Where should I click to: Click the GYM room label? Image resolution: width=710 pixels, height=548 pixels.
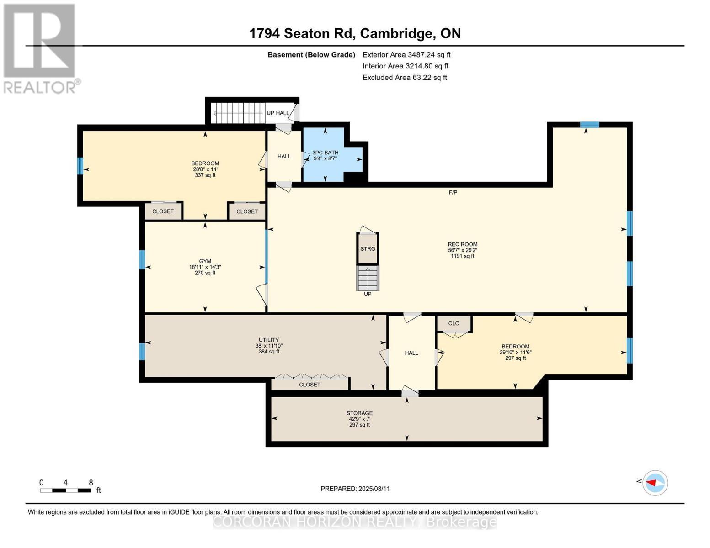[205, 261]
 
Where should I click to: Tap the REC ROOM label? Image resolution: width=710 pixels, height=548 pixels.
[462, 244]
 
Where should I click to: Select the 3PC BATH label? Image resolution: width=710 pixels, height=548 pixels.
[325, 153]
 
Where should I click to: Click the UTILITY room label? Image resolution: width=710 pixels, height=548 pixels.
[269, 340]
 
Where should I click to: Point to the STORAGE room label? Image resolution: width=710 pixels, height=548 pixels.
[359, 413]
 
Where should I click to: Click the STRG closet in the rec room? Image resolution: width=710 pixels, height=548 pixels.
[368, 248]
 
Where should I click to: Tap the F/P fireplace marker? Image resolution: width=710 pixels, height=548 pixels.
[453, 192]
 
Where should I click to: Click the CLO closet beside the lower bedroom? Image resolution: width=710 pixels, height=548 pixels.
[454, 323]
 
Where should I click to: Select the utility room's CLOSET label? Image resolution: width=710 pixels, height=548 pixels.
[310, 385]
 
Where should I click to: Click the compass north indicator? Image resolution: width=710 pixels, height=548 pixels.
[655, 482]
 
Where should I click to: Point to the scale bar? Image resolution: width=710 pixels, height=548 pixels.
[65, 490]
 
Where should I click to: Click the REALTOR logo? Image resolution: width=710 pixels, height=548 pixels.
[40, 48]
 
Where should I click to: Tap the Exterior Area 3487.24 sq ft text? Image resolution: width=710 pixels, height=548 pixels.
[406, 54]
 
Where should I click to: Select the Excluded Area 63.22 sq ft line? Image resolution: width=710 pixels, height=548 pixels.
[405, 78]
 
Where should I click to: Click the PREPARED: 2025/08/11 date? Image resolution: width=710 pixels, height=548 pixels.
[355, 489]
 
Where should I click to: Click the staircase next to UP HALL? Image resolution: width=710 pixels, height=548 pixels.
[238, 112]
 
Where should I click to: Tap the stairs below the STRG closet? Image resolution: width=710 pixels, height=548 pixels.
[368, 278]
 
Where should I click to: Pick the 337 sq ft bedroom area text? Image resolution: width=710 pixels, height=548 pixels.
[205, 175]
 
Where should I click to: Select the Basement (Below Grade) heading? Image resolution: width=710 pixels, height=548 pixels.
[311, 55]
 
